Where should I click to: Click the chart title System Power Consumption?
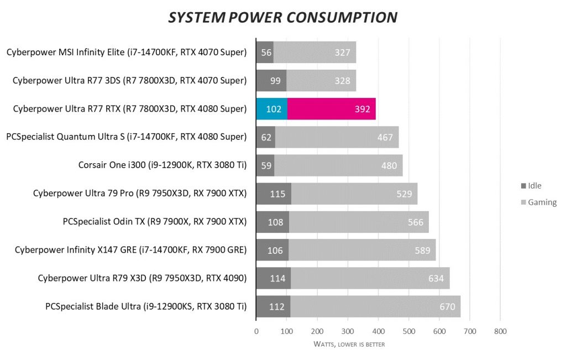(282, 17)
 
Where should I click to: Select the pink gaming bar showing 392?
(331, 109)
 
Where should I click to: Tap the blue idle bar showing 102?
(271, 109)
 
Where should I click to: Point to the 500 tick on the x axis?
(408, 331)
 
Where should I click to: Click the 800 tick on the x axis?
(500, 331)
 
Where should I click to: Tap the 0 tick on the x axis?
(256, 331)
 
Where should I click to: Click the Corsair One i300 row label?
(163, 165)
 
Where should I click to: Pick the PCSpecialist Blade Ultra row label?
(146, 306)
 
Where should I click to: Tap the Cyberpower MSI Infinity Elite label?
(127, 53)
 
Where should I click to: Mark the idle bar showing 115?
(273, 194)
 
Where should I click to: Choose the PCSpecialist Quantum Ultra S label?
(126, 137)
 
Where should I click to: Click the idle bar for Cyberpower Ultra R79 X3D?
(273, 278)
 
